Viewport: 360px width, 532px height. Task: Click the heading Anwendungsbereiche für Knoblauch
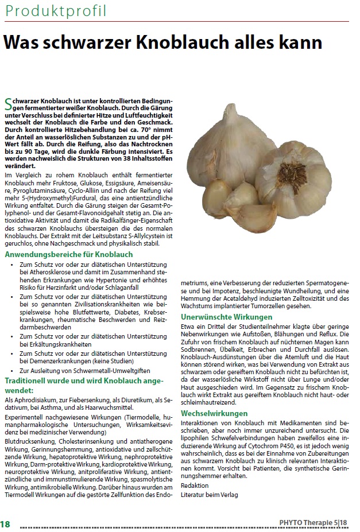click(69, 254)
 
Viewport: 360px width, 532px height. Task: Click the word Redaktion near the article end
click(195, 485)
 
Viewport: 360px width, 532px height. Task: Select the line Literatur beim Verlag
click(209, 494)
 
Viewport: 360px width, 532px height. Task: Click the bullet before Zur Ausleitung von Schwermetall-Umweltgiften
click(12, 372)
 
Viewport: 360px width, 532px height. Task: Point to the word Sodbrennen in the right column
click(198, 350)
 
